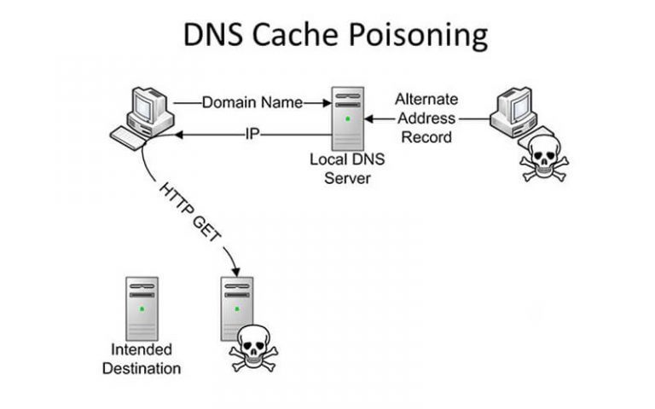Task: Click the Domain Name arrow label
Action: (x=252, y=102)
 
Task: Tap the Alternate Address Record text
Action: (x=425, y=118)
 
